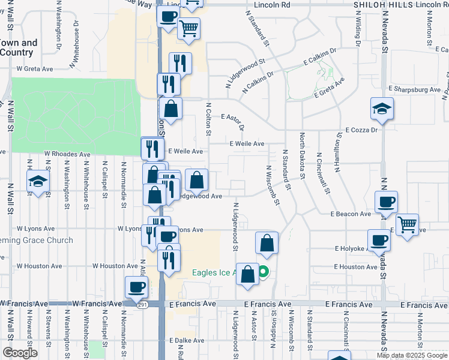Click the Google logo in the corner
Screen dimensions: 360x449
click(20, 353)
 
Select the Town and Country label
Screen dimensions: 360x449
click(19, 47)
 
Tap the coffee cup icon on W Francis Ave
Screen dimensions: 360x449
click(137, 287)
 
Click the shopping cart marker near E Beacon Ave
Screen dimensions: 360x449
click(407, 226)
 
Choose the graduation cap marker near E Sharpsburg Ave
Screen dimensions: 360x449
click(381, 109)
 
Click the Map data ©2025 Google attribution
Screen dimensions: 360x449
click(412, 355)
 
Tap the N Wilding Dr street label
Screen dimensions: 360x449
click(358, 29)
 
